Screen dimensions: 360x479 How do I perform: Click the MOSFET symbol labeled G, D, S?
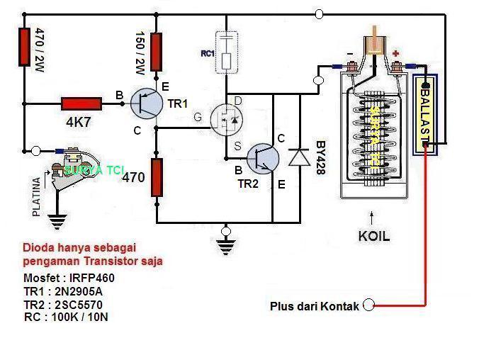click(227, 120)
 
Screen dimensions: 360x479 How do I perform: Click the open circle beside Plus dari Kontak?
click(368, 305)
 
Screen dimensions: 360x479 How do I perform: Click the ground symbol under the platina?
click(57, 222)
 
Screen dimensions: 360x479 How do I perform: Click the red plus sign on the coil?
click(395, 53)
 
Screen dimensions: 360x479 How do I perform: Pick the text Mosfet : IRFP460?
click(69, 278)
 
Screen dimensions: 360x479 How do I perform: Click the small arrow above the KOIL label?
click(370, 215)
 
